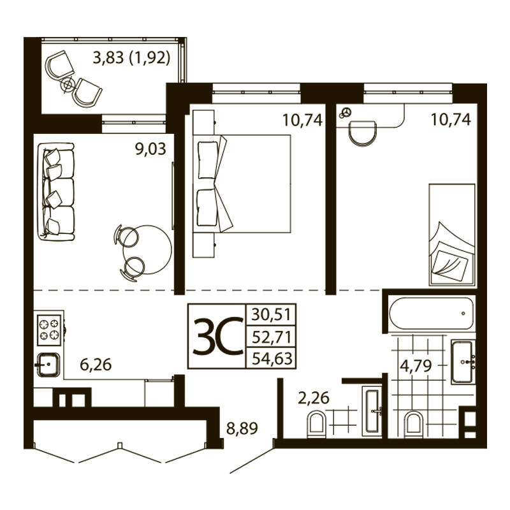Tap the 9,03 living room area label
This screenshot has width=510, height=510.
150,149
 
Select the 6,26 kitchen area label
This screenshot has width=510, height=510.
96,365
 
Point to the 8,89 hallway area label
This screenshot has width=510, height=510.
242,428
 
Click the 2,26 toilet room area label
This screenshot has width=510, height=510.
314,398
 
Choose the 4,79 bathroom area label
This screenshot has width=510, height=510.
416,366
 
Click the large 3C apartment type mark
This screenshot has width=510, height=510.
218,337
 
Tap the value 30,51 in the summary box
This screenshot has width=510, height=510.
271,314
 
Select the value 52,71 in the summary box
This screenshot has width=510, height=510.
271,337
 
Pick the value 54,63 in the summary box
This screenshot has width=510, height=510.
271,358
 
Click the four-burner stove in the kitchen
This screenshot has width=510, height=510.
50,330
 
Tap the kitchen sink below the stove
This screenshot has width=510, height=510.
48,365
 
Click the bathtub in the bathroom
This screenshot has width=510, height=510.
431,314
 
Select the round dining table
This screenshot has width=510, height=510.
147,250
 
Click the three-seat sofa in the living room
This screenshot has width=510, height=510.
56,192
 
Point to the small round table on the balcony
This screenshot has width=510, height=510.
68,85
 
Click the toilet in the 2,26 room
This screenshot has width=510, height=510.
316,423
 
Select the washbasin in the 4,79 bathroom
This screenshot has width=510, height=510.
462,361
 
